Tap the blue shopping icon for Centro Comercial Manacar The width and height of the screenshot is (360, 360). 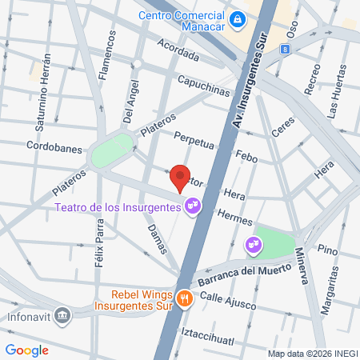(238, 18)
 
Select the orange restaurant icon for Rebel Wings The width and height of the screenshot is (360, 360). (185, 298)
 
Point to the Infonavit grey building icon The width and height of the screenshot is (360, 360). (64, 313)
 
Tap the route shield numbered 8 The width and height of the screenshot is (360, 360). (285, 50)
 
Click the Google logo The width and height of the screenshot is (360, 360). (26, 350)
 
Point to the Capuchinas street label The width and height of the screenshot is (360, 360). (203, 87)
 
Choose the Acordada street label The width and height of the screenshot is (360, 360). (178, 50)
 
